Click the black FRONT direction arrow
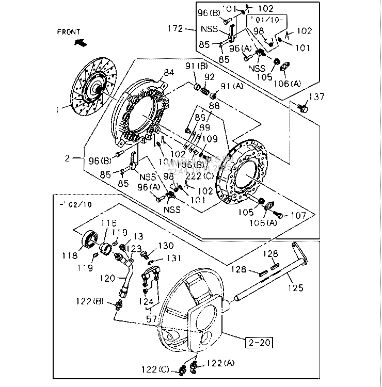[x=80, y=43]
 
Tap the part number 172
[x=176, y=28]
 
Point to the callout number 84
[x=169, y=73]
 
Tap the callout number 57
[x=151, y=320]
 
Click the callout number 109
[x=210, y=139]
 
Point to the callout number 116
[x=109, y=223]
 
